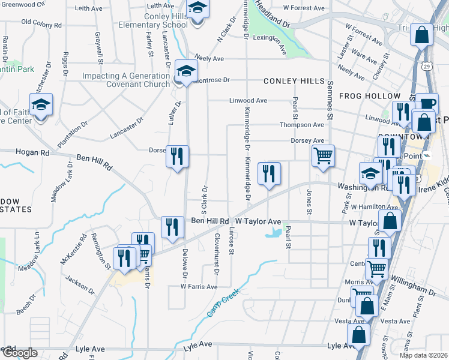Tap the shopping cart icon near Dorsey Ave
tap(323, 156)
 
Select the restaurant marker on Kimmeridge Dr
tap(269, 173)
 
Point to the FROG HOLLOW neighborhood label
tap(369, 96)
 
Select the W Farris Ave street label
tap(199, 287)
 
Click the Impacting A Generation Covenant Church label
tap(126, 80)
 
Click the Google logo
tap(20, 353)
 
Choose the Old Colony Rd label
tap(41, 23)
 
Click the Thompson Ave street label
tap(301, 125)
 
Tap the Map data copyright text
tap(422, 355)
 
